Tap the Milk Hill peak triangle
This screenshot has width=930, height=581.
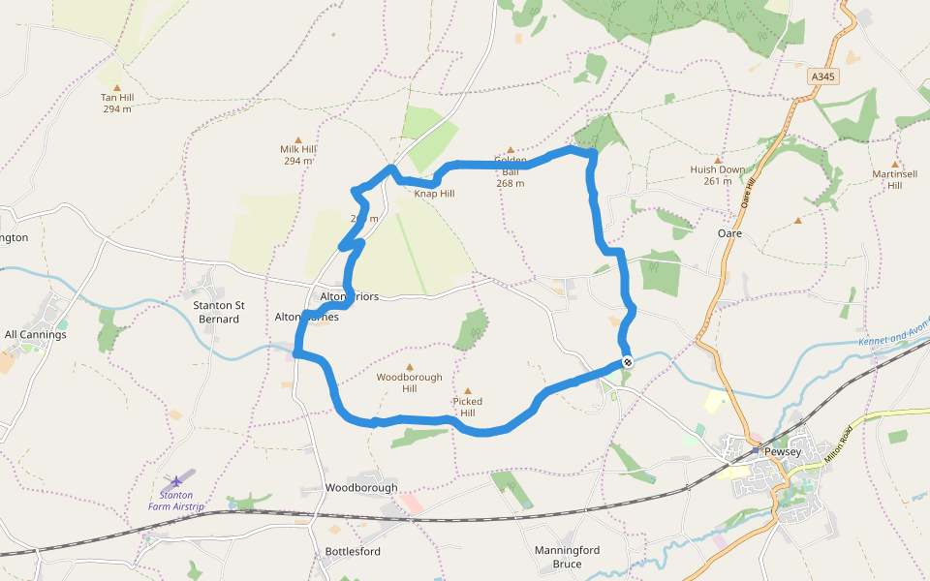[297, 138]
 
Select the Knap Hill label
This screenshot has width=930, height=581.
[434, 194]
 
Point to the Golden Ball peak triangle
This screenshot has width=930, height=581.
[511, 150]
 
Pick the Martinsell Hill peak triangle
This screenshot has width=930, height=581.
[894, 164]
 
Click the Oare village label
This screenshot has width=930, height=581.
[729, 233]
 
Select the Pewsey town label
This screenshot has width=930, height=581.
[783, 451]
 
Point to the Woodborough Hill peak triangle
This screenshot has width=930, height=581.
[409, 367]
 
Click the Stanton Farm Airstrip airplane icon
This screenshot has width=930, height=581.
[175, 480]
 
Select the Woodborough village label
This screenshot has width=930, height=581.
[361, 487]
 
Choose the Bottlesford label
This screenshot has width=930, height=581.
[353, 551]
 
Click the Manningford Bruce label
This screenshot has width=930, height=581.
[567, 557]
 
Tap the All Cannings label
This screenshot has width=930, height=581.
[36, 335]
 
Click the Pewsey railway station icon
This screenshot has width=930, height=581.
[755, 450]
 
